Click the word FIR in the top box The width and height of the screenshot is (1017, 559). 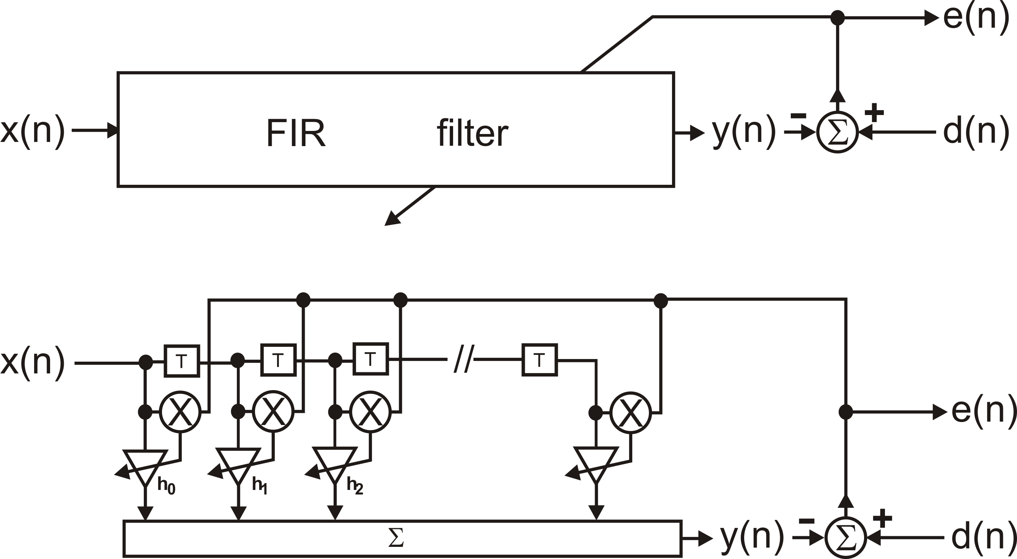point(296,133)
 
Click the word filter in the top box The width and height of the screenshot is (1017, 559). point(472,133)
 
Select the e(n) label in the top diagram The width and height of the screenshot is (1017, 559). point(975,18)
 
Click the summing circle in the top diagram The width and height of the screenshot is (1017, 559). point(837,132)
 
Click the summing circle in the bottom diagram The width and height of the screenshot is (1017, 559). point(845,537)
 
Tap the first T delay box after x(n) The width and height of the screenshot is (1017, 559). point(182,361)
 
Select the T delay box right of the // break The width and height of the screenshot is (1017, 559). point(539,360)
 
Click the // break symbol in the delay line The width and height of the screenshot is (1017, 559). point(463,359)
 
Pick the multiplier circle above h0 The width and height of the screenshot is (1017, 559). point(180,412)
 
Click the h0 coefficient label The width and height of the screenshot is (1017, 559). point(166,486)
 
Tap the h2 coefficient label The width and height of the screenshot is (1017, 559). point(354,486)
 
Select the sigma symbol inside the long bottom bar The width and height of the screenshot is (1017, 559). point(395,538)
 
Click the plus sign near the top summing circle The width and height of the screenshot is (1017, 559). point(874,112)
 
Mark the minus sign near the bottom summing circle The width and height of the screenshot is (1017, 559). point(806,521)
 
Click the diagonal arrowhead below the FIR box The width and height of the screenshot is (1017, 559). point(392,219)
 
